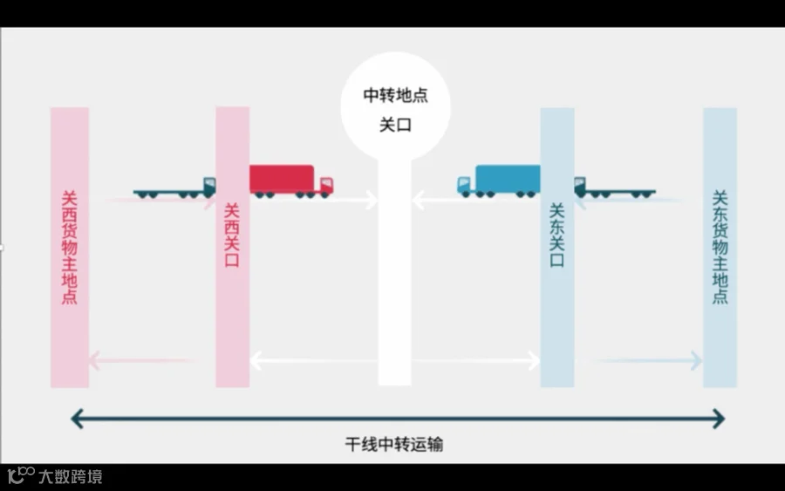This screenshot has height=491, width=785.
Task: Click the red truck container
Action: tap(280, 178)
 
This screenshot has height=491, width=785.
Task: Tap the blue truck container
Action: tap(508, 178)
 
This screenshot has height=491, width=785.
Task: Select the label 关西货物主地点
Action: tap(69, 248)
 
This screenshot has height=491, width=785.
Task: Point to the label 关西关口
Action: tap(232, 235)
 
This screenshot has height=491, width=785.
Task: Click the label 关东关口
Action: tap(556, 235)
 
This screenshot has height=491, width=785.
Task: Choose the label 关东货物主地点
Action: tap(720, 248)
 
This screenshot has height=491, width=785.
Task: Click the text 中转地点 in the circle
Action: tap(395, 95)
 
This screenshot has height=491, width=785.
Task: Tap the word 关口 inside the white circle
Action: tap(395, 125)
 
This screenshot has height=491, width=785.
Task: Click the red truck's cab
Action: tap(326, 186)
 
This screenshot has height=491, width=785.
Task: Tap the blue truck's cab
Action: tap(466, 184)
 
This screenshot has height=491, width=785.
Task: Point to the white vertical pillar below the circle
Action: tap(394, 288)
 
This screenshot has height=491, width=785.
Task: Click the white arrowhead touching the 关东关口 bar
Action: tap(533, 360)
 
